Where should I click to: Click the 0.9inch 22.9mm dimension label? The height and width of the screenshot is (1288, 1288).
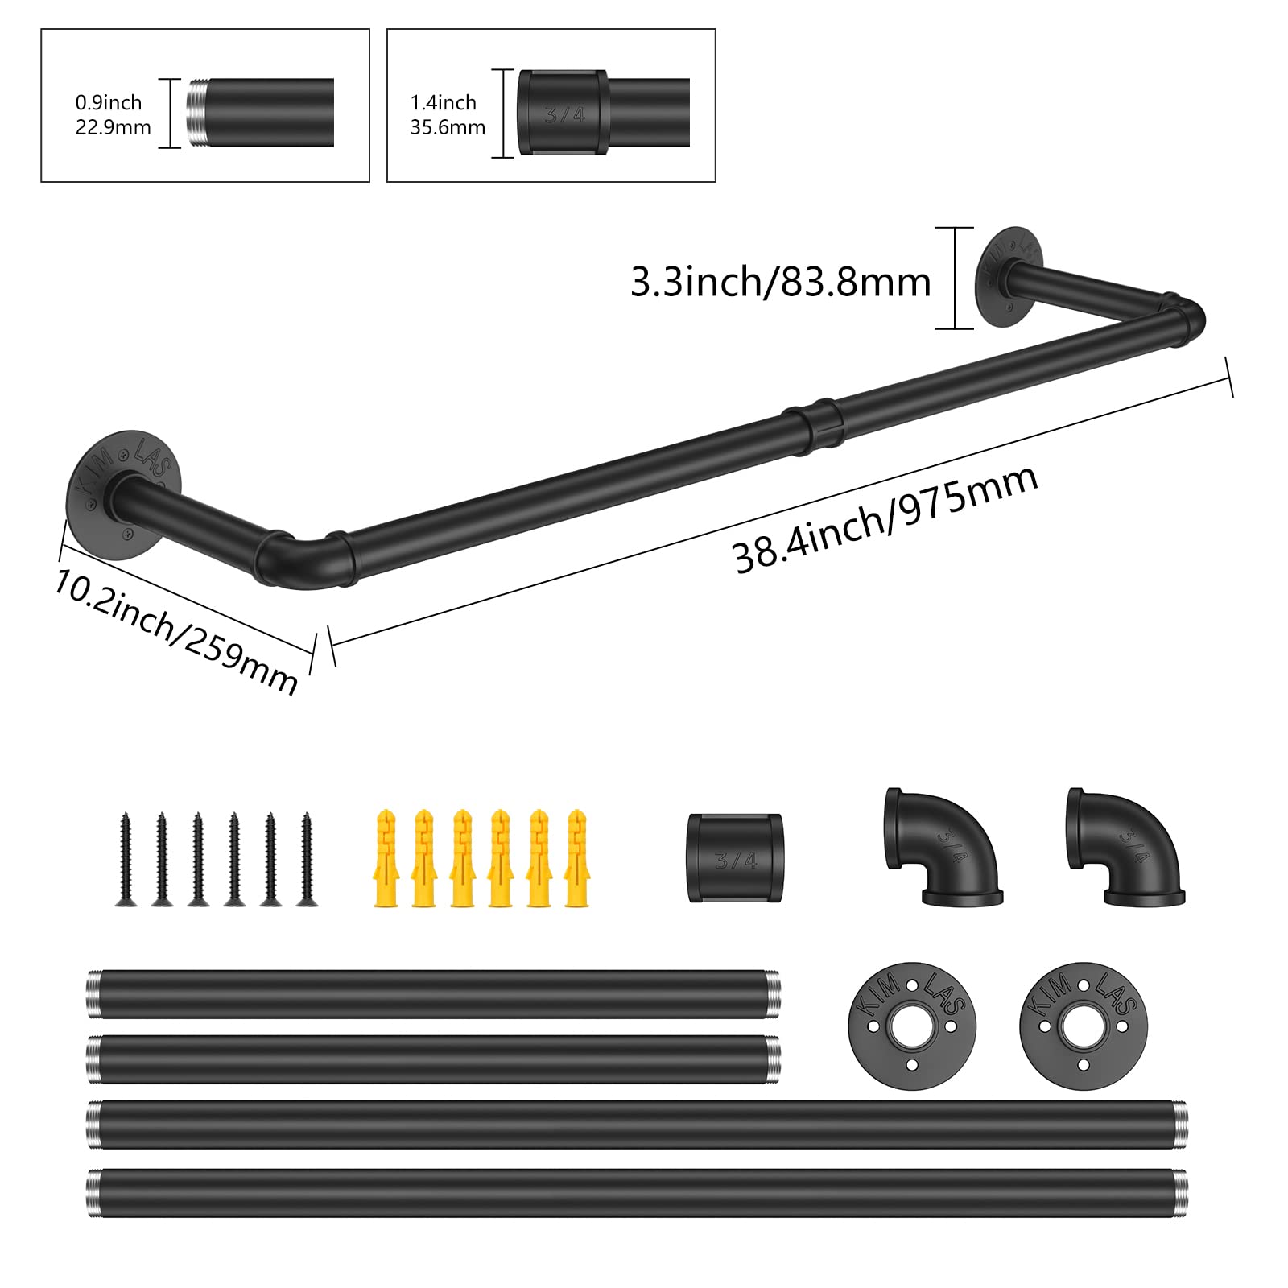point(113,114)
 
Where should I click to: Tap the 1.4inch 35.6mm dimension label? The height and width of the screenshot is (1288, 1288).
point(448,114)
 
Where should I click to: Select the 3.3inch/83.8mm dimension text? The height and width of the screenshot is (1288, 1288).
point(779,283)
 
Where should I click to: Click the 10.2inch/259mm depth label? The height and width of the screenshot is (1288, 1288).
point(175,631)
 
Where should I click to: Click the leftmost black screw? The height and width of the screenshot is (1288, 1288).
point(126,860)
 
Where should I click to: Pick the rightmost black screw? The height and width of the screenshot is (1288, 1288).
point(307,860)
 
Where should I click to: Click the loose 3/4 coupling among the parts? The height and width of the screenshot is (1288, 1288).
point(734,857)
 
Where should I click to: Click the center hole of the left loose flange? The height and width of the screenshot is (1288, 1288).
point(911,1026)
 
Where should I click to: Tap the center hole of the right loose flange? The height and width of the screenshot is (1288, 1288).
point(1083,1026)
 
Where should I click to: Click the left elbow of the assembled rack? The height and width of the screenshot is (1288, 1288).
point(290,559)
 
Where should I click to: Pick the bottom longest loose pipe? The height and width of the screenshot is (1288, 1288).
point(636,1192)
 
